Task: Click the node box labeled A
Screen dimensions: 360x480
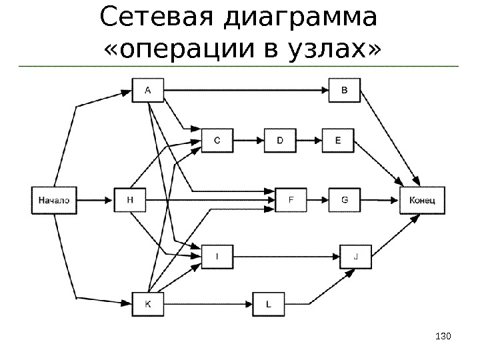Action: click(x=147, y=89)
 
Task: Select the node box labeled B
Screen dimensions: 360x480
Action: click(x=345, y=89)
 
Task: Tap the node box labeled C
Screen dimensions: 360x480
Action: click(x=218, y=141)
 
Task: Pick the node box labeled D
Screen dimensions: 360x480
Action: click(x=280, y=141)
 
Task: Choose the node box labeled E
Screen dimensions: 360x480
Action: click(x=338, y=141)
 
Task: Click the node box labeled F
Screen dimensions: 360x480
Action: click(x=292, y=199)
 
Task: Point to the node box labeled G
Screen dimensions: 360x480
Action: click(x=345, y=199)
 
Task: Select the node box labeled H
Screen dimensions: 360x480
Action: click(x=131, y=199)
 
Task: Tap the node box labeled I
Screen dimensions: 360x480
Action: click(x=218, y=255)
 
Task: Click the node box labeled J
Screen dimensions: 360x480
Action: click(x=356, y=255)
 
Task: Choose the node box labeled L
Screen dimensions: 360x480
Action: click(x=269, y=304)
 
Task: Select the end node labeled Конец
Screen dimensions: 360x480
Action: click(x=422, y=199)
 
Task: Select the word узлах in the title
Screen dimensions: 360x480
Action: click(x=322, y=48)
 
